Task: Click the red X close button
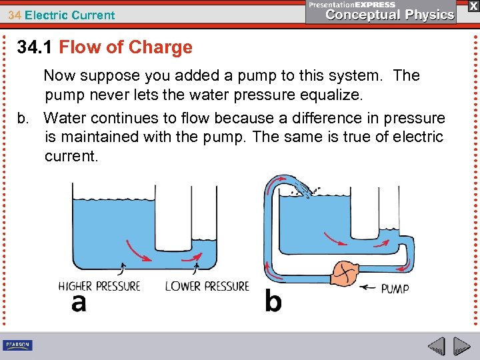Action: pos(472,5)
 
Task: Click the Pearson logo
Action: pos(17,345)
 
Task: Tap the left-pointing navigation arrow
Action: pos(436,347)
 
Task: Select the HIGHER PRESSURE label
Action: pos(99,286)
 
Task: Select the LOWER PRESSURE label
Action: pos(207,286)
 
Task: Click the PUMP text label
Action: pos(395,288)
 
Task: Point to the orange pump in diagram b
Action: pos(346,272)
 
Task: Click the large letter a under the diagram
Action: pos(79,303)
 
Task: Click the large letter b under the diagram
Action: pos(273,301)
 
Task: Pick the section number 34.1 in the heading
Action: pos(35,47)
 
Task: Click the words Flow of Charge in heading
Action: pos(125,47)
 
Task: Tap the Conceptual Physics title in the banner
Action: pos(389,15)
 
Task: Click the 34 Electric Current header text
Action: pos(61,15)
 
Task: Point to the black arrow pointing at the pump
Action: pos(368,288)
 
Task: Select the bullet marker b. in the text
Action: pos(25,118)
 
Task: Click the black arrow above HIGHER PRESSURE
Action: pos(121,268)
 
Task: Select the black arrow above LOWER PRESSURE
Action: pos(196,268)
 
